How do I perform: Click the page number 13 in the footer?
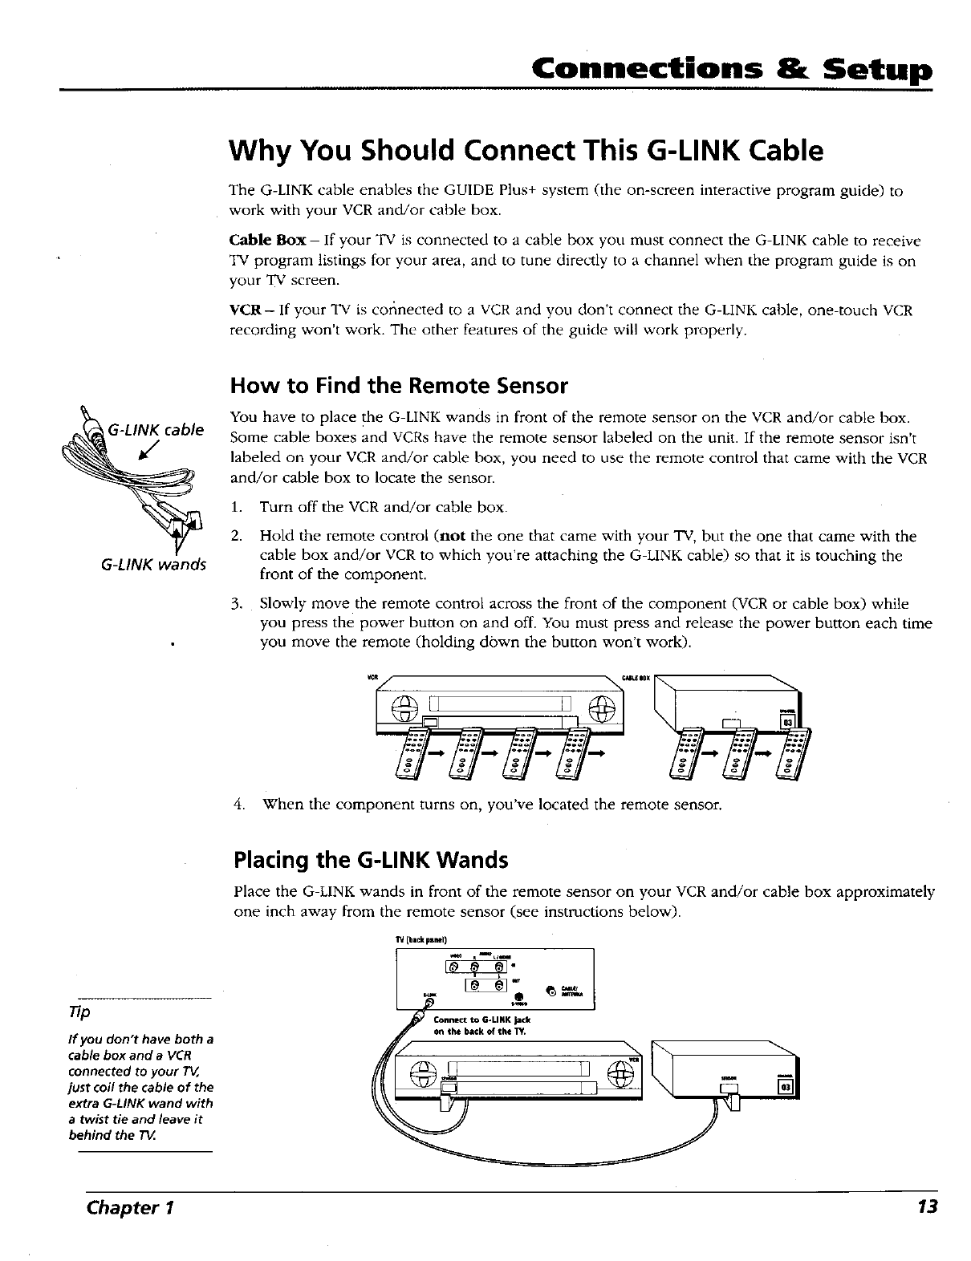pyautogui.click(x=929, y=1208)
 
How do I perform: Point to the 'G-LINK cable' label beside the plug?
pyautogui.click(x=156, y=429)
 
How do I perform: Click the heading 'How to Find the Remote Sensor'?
pyautogui.click(x=399, y=387)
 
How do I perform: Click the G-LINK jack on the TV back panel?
pyautogui.click(x=430, y=1002)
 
